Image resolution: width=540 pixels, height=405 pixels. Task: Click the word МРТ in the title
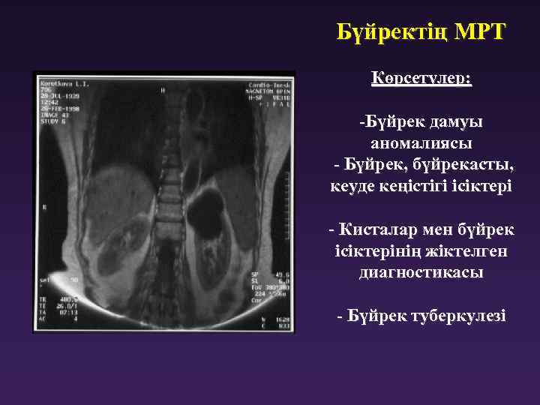coord(480,33)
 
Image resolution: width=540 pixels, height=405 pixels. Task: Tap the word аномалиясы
coord(421,142)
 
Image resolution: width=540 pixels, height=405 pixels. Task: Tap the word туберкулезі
coord(458,316)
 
